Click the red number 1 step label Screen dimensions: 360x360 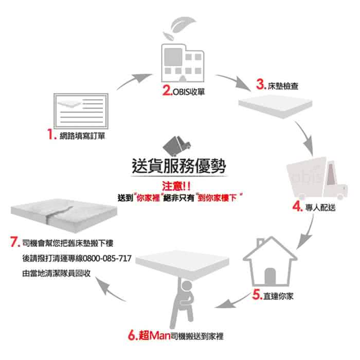pyautogui.click(x=51, y=136)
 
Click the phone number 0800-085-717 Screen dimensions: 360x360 pyautogui.click(x=107, y=259)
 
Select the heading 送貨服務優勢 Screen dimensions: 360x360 pyautogui.click(x=178, y=167)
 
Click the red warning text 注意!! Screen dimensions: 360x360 pyautogui.click(x=178, y=186)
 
